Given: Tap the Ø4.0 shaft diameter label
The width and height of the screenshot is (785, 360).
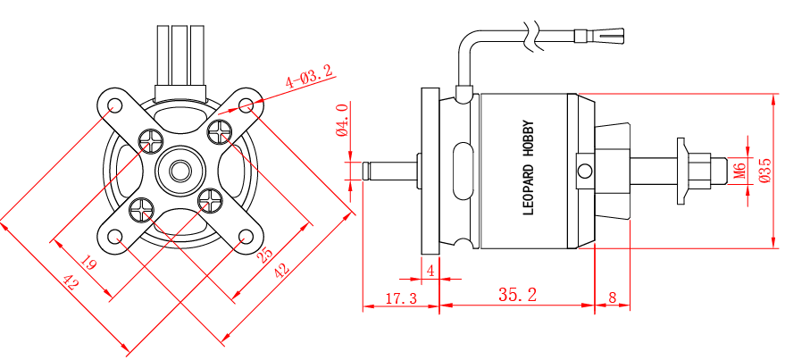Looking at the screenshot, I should (342, 121).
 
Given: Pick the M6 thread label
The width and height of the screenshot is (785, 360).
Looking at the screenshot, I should (739, 170).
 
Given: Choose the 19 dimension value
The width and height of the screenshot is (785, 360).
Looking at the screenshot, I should (88, 264).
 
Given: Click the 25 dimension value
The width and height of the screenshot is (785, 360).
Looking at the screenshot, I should (265, 255).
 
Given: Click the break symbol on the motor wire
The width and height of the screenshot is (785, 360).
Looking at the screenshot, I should (533, 36).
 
